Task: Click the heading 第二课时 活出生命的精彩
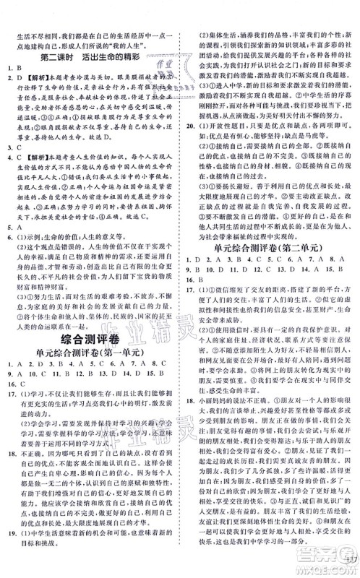point(91,57)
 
